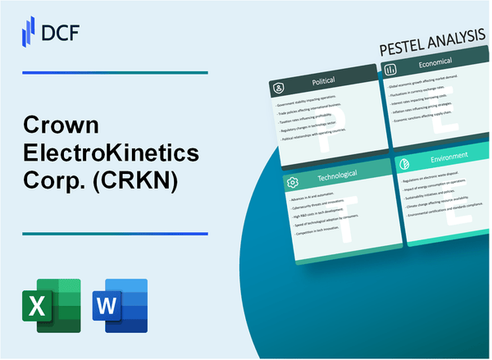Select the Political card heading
point(323,83)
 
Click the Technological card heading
point(328,180)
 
